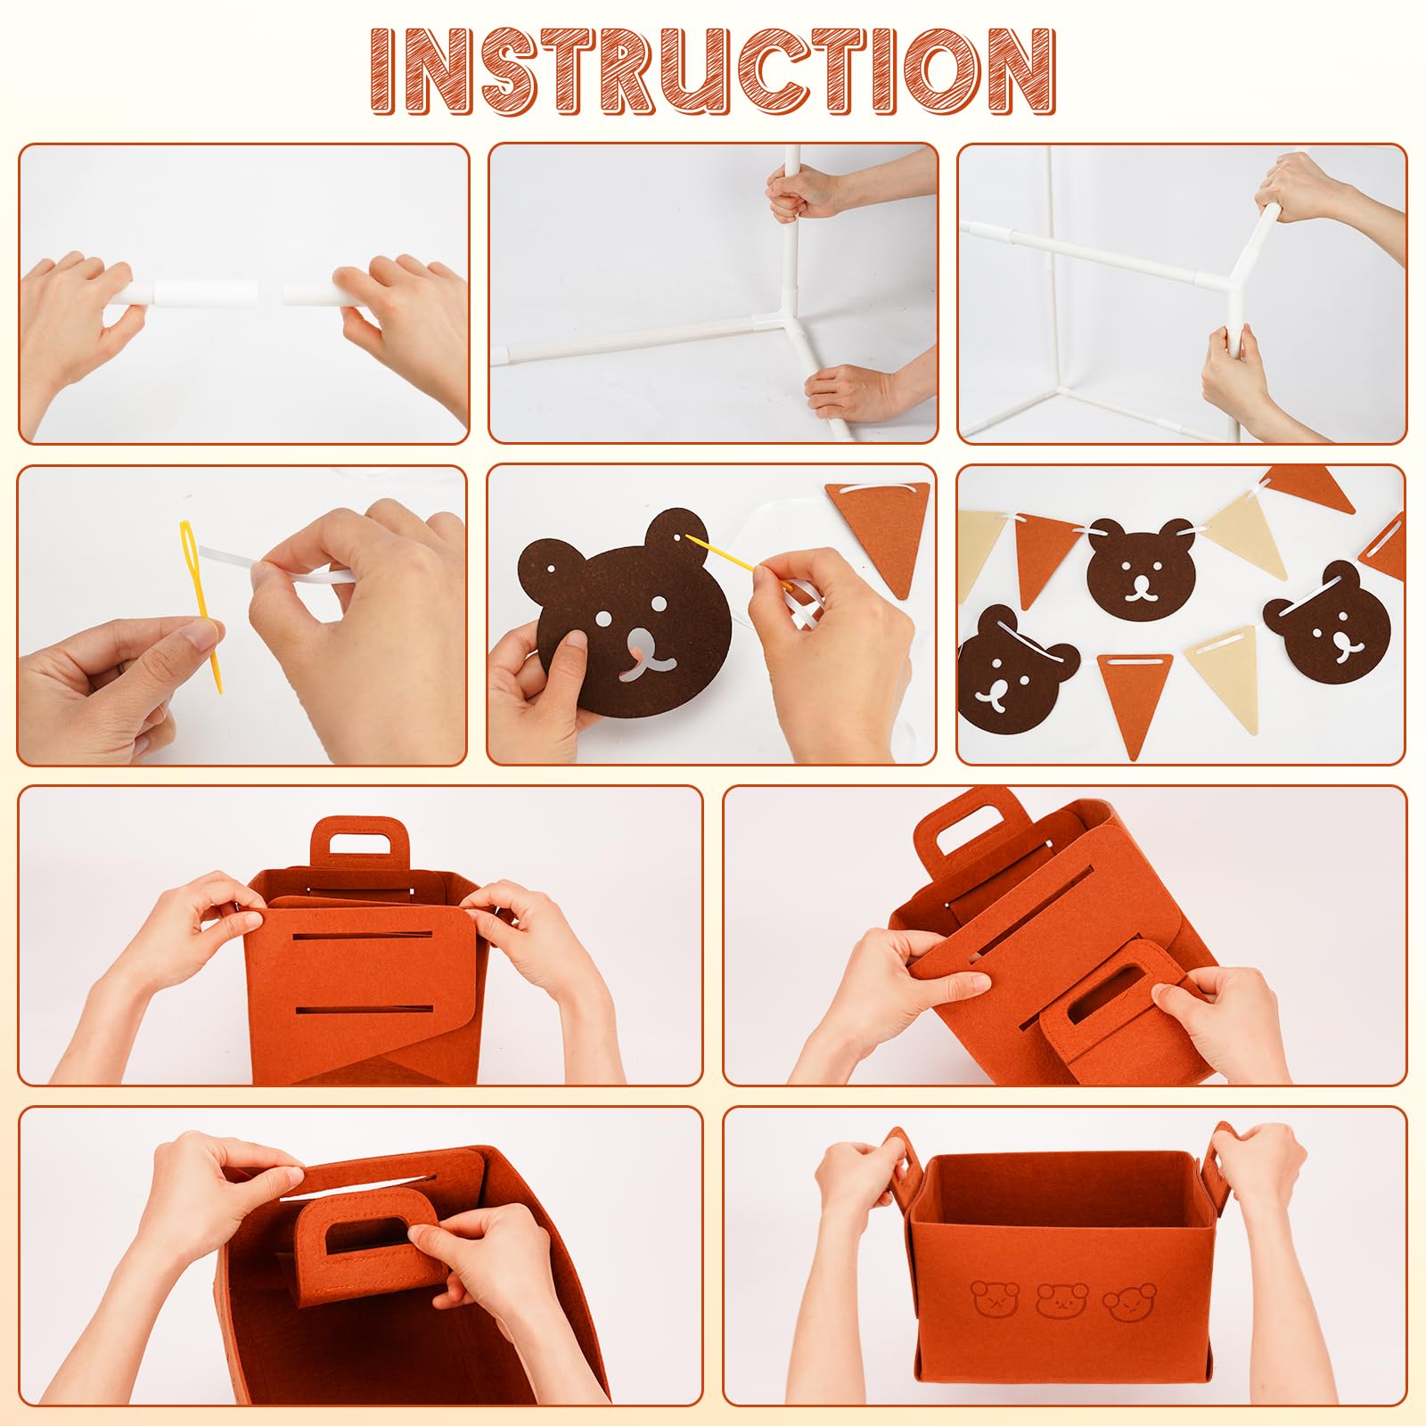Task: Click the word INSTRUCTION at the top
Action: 713,71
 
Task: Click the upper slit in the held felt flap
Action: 364,937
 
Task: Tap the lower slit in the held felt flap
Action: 363,1009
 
